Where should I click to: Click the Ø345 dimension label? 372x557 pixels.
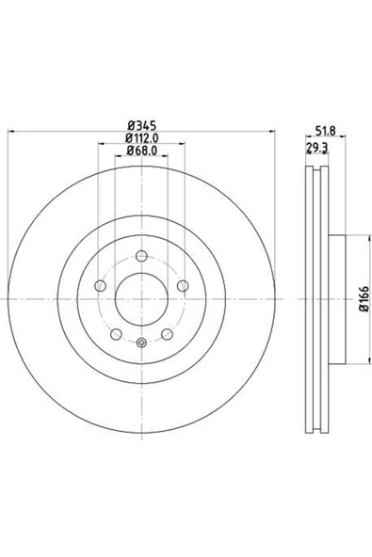click(x=142, y=125)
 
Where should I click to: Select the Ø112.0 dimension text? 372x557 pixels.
click(x=142, y=137)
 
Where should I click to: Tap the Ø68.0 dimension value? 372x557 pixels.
click(x=142, y=151)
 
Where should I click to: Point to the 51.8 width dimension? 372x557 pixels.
click(x=326, y=131)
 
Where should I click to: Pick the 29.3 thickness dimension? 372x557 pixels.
click(x=316, y=148)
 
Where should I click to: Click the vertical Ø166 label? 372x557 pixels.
click(x=364, y=299)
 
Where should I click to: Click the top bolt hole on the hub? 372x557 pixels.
click(x=141, y=256)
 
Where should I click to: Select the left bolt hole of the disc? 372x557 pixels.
click(x=100, y=286)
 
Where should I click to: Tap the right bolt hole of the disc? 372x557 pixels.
click(x=183, y=286)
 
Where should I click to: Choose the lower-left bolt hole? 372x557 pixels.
click(x=116, y=334)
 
